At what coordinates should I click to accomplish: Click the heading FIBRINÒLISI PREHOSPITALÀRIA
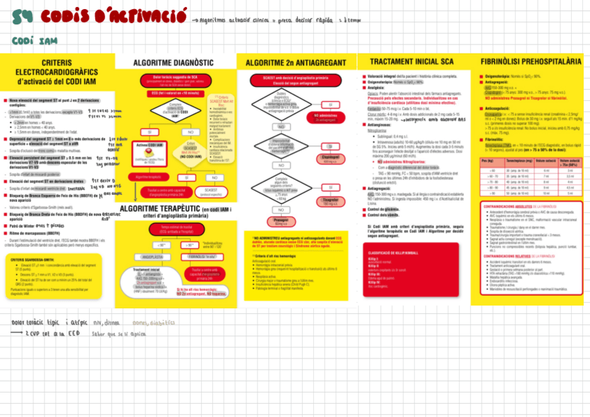(531, 63)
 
